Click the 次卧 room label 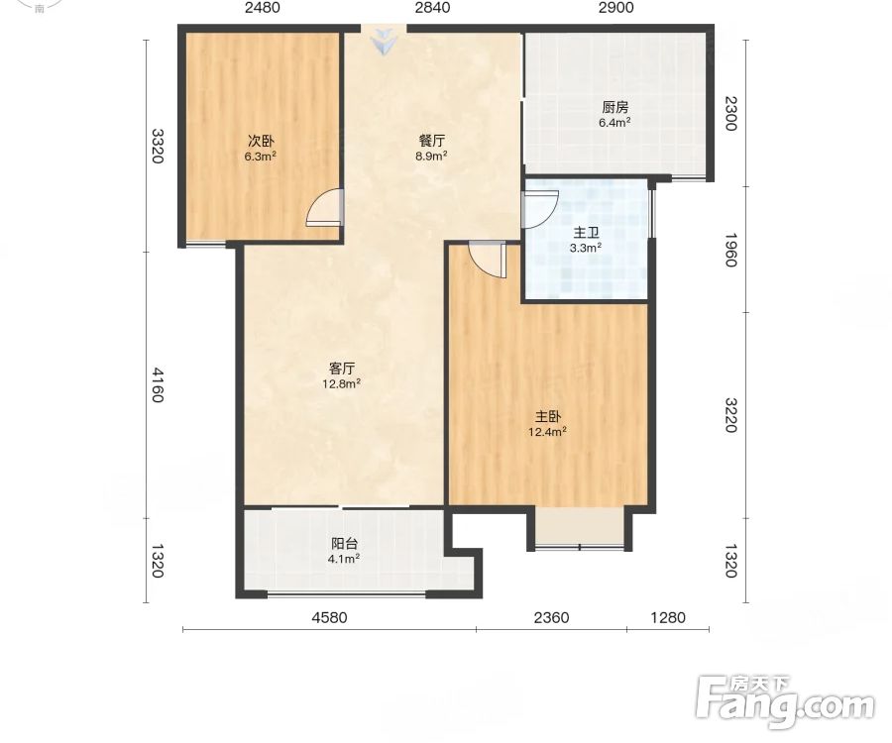(261, 141)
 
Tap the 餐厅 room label (432, 141)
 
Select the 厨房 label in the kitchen (614, 107)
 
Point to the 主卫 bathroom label (586, 233)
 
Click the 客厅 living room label (342, 368)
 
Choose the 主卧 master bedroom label (547, 416)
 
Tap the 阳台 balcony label (344, 543)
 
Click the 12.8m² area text (341, 383)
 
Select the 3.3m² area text (586, 248)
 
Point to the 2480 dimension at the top (263, 7)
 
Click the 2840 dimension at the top (432, 7)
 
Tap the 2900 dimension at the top (616, 7)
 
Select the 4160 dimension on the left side (158, 384)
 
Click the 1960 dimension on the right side (731, 250)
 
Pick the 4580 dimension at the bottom (329, 617)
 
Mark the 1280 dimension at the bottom (668, 617)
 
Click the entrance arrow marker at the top (384, 42)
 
